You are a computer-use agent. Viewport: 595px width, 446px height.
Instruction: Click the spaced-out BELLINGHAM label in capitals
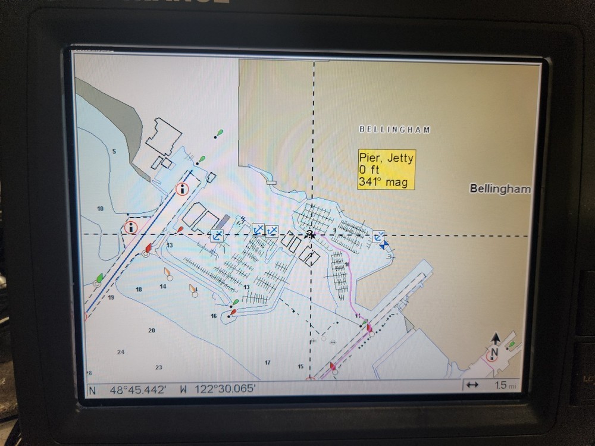click(x=394, y=130)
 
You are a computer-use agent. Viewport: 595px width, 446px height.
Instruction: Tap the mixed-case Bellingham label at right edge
click(x=500, y=189)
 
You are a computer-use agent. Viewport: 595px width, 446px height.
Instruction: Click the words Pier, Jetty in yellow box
click(x=386, y=158)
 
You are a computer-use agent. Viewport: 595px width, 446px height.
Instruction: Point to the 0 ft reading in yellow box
click(x=368, y=171)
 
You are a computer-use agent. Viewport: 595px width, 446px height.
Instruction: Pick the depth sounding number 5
click(x=114, y=152)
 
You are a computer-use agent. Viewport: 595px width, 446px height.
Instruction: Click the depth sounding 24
click(x=121, y=352)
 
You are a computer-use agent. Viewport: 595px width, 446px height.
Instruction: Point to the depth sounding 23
click(x=158, y=368)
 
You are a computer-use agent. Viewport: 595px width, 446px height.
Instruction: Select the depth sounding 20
click(x=151, y=330)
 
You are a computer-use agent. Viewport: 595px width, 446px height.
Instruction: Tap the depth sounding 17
click(x=268, y=362)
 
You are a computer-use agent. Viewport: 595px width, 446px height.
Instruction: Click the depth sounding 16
click(x=214, y=316)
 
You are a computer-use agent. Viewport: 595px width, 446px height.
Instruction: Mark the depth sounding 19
click(x=111, y=297)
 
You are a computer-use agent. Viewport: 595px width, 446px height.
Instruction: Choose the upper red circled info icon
click(x=182, y=190)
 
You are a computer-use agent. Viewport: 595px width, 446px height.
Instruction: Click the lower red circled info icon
click(x=130, y=227)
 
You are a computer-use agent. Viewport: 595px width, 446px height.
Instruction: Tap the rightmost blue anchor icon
click(x=379, y=237)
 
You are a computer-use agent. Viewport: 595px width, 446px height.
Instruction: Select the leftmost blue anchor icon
click(x=217, y=235)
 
